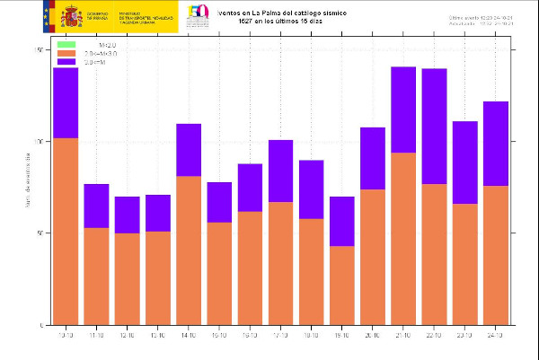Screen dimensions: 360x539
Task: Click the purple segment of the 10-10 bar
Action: pos(65,103)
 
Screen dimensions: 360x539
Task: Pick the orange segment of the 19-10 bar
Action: pos(342,285)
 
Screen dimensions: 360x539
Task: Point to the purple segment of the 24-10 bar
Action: pos(495,144)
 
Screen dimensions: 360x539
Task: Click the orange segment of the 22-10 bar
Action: pos(434,254)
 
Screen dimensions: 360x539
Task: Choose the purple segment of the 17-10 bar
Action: pos(280,171)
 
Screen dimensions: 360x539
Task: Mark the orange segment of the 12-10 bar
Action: pos(127,278)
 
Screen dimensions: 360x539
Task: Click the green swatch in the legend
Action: pos(66,44)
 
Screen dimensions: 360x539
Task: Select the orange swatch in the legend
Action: pos(66,54)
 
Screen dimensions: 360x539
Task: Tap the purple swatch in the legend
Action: pos(66,63)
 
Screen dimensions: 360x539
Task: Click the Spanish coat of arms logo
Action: pos(71,15)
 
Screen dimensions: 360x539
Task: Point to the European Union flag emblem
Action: pos(47,15)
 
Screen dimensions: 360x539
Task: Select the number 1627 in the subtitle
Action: pos(236,21)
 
